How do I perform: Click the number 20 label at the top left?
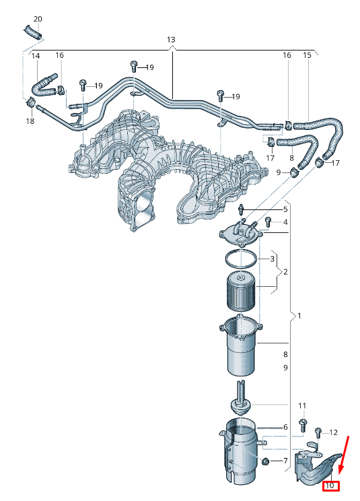tap(38, 19)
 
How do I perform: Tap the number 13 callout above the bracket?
tap(171, 40)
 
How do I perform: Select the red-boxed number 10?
tap(330, 486)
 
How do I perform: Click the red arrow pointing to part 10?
tap(343, 455)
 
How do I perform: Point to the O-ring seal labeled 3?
tap(241, 259)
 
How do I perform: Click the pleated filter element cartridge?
tap(242, 292)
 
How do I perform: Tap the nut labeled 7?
tap(264, 461)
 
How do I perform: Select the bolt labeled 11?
tap(302, 426)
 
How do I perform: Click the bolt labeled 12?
tap(318, 433)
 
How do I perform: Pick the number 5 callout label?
tap(285, 209)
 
